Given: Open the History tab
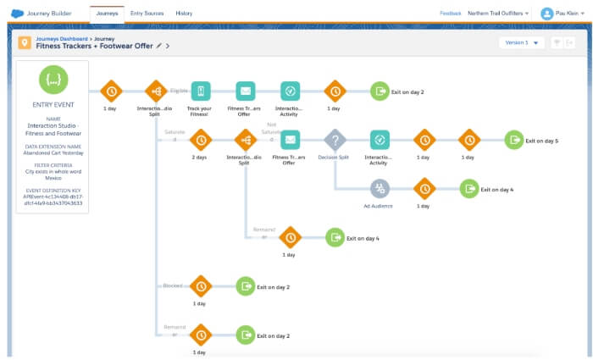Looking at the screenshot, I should [x=184, y=14].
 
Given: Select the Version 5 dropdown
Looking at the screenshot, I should [x=521, y=42].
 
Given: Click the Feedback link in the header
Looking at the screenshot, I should [x=450, y=14].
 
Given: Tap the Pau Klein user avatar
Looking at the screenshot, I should [x=546, y=14].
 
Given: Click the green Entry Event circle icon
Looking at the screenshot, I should [x=53, y=80].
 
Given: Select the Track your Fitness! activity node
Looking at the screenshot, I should [x=200, y=91].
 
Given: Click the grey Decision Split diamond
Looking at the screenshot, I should [x=335, y=139].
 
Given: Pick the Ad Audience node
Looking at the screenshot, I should [x=379, y=188].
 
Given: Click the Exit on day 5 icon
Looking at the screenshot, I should [x=513, y=139].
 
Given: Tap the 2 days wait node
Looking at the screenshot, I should [x=200, y=139].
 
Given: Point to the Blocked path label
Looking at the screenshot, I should [x=173, y=286].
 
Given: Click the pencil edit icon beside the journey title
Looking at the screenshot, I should [x=158, y=46].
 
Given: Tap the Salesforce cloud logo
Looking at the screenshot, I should [x=17, y=14].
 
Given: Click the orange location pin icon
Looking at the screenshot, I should [x=25, y=42].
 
